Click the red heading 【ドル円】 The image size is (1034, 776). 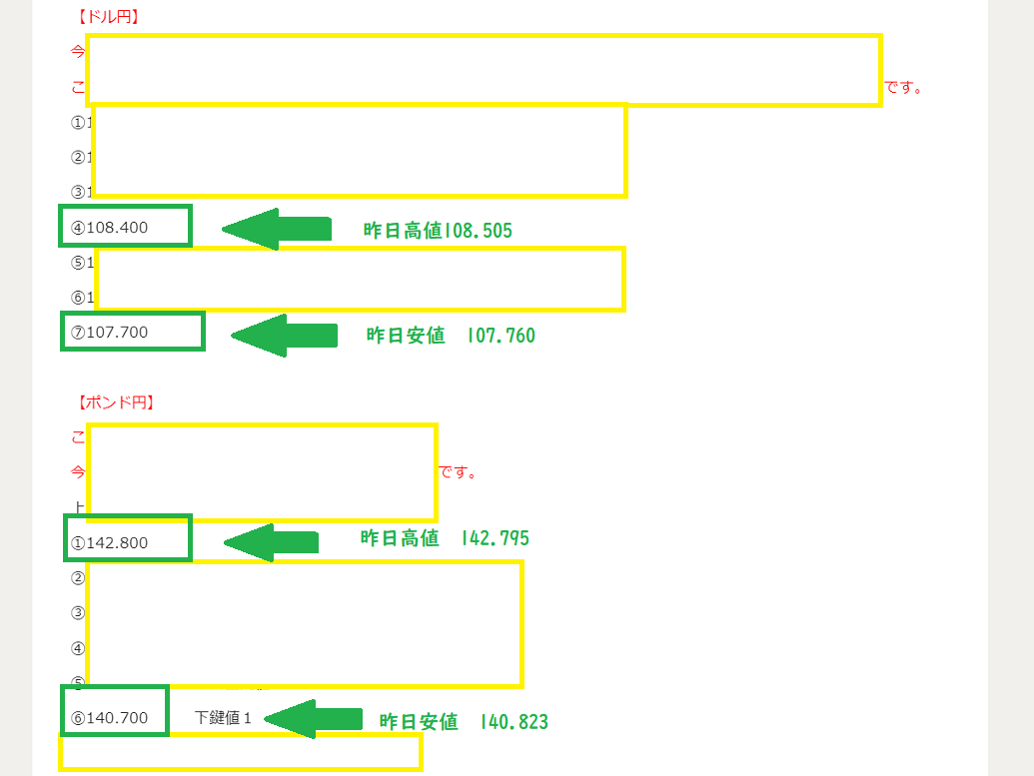tap(107, 17)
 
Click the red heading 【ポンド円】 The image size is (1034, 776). tap(114, 402)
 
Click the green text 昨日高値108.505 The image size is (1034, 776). tap(438, 232)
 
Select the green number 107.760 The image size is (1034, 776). tap(501, 337)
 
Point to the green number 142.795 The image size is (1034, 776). tap(496, 539)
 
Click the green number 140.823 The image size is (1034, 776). tap(514, 722)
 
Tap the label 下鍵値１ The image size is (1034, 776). tap(223, 718)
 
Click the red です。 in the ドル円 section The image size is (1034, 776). tap(903, 88)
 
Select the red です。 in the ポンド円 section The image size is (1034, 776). tap(459, 472)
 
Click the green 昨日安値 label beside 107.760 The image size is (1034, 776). tap(406, 337)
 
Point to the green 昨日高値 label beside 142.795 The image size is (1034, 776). tap(400, 539)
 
